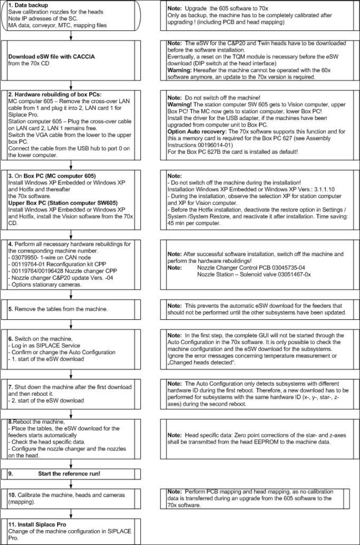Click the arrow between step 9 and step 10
pyautogui.click(x=72, y=483)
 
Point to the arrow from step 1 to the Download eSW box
pyautogui.click(x=72, y=36)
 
